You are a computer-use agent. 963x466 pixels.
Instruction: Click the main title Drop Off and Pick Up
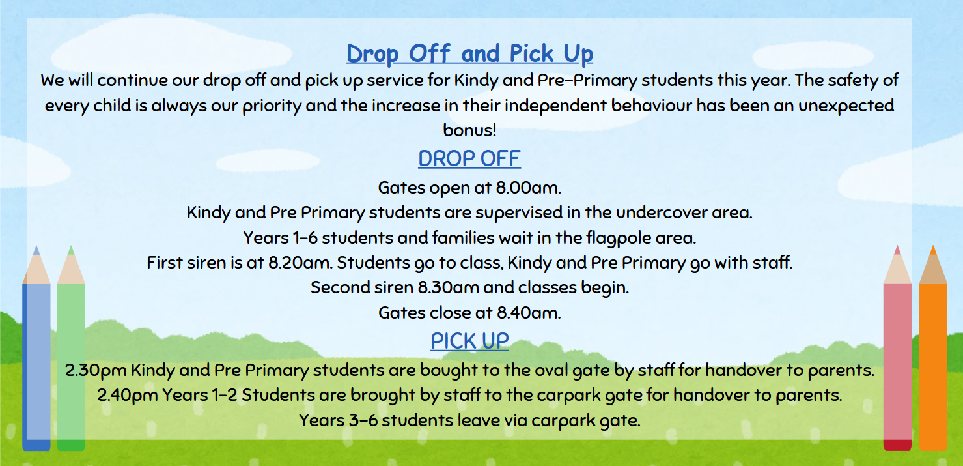(x=469, y=54)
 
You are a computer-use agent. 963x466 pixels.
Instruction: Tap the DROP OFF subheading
(x=469, y=158)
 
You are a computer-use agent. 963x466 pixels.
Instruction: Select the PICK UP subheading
(x=469, y=341)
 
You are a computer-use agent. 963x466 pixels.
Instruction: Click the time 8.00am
(x=528, y=188)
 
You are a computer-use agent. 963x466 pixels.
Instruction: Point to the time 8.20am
(x=301, y=263)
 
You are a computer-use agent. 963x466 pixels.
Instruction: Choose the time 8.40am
(x=529, y=313)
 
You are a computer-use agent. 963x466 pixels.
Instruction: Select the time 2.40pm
(x=128, y=395)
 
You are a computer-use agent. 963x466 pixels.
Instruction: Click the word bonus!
(x=469, y=130)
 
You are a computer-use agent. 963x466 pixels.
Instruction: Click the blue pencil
(x=36, y=348)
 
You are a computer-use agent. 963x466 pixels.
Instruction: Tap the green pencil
(x=71, y=348)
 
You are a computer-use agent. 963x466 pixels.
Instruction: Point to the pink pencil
(x=897, y=348)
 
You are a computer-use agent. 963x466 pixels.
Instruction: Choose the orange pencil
(x=933, y=348)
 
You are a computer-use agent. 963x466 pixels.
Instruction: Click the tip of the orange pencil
(x=933, y=246)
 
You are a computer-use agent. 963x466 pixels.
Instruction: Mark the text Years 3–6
(x=339, y=420)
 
